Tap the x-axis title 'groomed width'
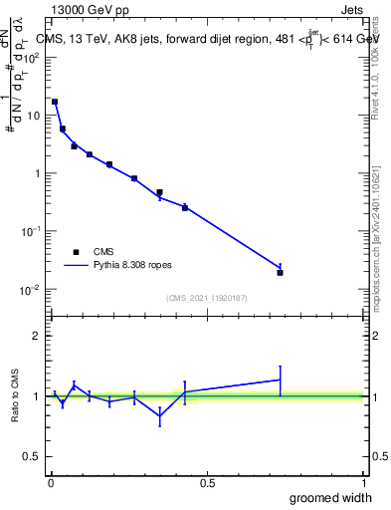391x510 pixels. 331,497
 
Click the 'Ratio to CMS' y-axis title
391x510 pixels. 16,395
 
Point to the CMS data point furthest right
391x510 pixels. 280,272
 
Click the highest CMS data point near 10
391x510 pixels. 55,102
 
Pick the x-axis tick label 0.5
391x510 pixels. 207,482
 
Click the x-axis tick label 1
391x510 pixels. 363,482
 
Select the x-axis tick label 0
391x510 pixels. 51,482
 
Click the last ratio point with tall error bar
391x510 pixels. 280,380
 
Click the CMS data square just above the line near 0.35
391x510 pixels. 159,191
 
